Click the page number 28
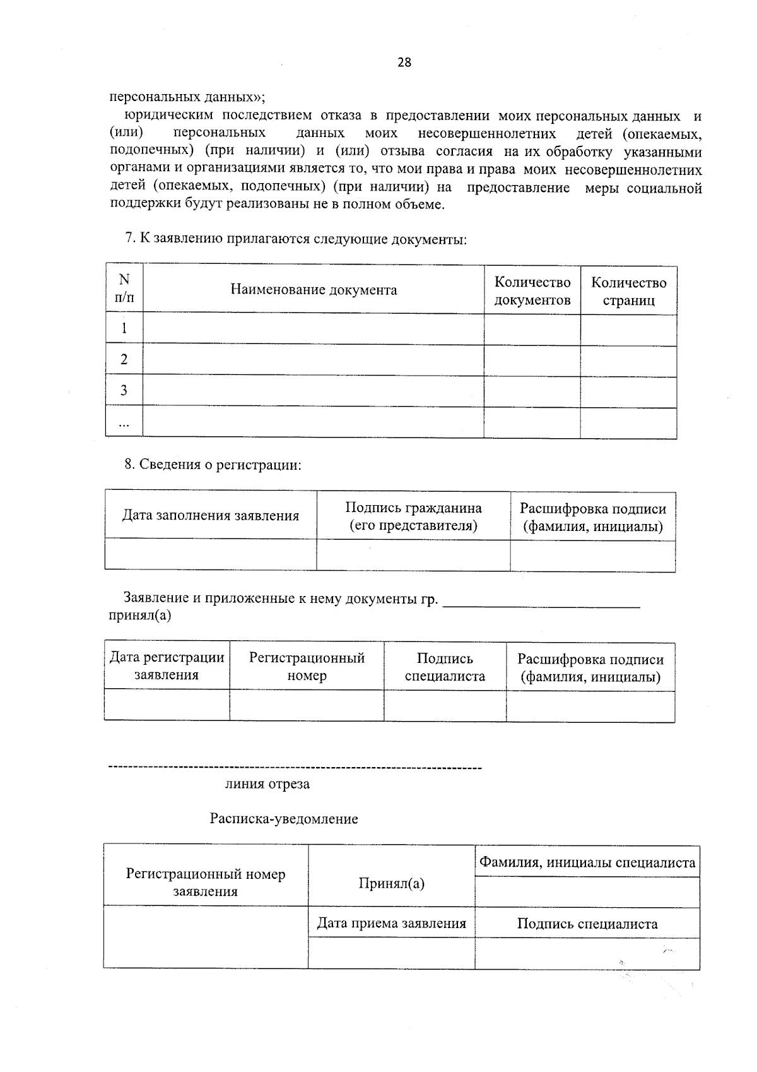404,62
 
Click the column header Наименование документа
314,290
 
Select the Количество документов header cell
532,291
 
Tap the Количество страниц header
628,291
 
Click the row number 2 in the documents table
124,360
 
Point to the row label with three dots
124,424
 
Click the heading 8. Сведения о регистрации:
213,465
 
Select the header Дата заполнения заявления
210,516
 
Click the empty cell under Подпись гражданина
413,556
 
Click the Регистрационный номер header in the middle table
307,667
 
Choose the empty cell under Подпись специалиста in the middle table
445,705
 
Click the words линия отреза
267,785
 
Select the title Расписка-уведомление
284,819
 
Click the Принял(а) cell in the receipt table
391,883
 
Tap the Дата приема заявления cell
391,924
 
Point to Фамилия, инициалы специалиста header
587,862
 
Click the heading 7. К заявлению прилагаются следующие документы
295,239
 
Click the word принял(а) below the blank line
140,616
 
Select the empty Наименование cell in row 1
314,328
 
